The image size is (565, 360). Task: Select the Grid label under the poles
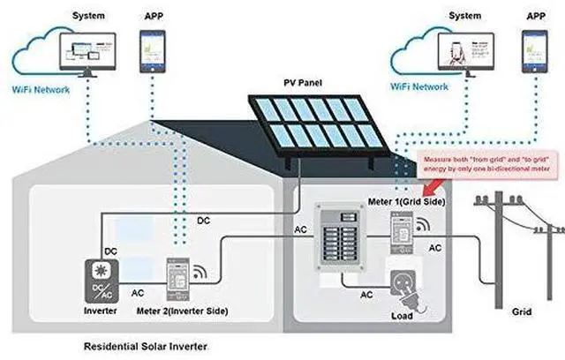coord(522,311)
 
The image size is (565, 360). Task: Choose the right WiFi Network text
coord(419,88)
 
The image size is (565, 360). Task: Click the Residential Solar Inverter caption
coord(145,347)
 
